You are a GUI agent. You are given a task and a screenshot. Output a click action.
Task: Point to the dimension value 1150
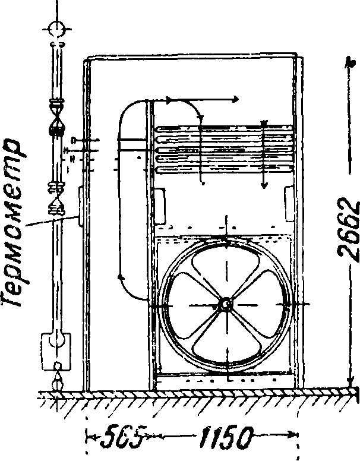tap(229, 440)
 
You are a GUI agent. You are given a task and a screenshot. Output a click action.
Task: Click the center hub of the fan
tap(226, 304)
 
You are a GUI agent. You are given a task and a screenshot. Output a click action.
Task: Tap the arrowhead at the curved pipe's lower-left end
tap(121, 276)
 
